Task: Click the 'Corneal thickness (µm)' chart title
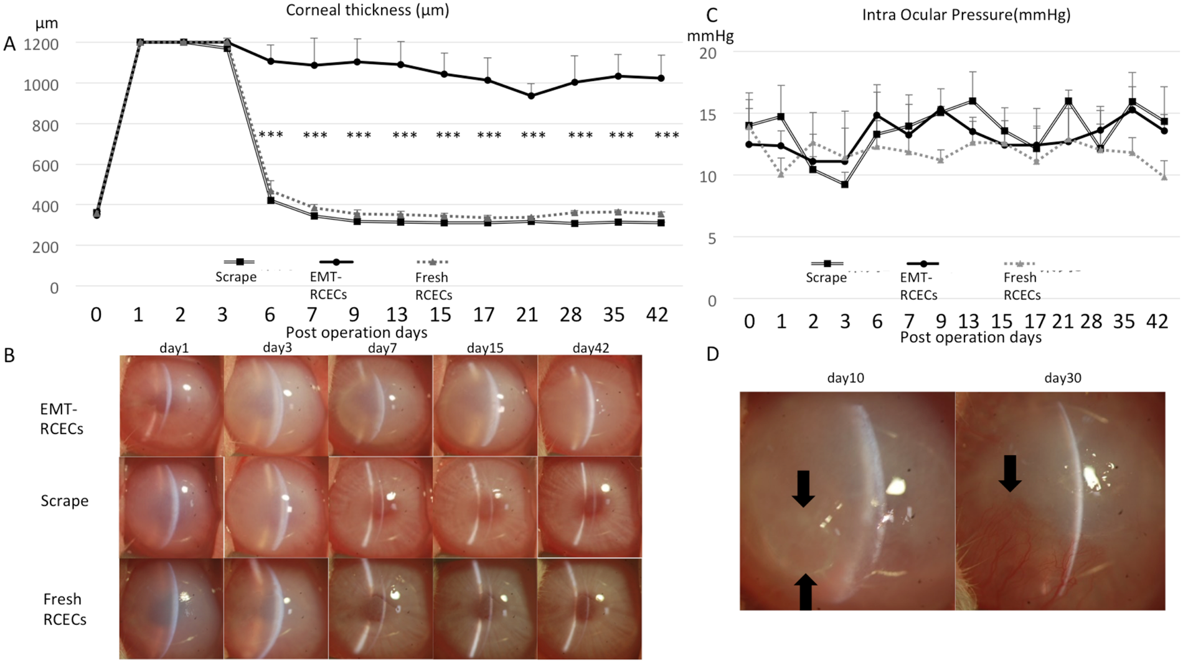tap(367, 11)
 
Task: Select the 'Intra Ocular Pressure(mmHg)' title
tap(966, 15)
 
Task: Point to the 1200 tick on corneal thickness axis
tap(41, 44)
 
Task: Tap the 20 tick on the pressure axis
tap(707, 53)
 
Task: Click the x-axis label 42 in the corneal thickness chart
tap(657, 315)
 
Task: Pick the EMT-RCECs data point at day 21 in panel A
tap(531, 96)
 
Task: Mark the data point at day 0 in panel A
tap(97, 214)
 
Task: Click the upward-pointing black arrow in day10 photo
tap(805, 591)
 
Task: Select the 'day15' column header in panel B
tap(485, 348)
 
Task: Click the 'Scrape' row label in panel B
tap(64, 501)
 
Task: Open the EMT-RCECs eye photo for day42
tap(589, 406)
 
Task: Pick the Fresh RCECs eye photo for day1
tap(171, 608)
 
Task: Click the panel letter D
tap(713, 354)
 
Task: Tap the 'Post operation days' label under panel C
tap(971, 338)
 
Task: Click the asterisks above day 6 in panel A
tap(271, 135)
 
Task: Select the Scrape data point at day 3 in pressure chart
tap(845, 185)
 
